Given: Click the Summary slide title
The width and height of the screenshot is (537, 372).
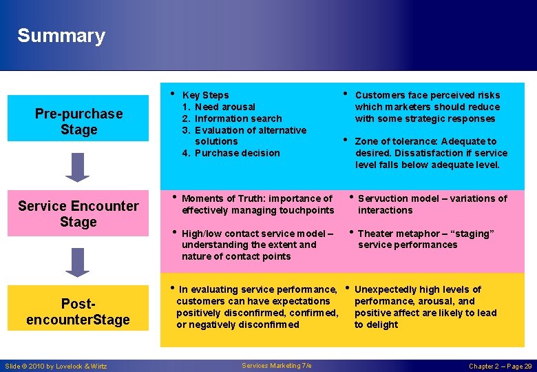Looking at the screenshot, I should (61, 36).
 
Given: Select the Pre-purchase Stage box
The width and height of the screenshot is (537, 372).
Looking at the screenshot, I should (78, 122).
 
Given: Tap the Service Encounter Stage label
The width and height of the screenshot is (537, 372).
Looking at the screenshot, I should (78, 214).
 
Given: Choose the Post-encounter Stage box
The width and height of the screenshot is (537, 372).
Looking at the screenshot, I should (78, 311).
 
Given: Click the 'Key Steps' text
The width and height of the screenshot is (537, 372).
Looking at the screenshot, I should (205, 95).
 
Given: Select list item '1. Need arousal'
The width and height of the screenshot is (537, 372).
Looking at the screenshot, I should (218, 107).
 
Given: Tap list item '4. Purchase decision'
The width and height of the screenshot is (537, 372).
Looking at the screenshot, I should (231, 153).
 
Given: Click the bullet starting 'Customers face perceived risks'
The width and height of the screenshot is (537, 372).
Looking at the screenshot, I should (427, 107).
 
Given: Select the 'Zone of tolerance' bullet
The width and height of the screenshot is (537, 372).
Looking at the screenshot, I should (431, 153).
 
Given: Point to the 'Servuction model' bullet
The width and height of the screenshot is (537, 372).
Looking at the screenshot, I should (432, 204).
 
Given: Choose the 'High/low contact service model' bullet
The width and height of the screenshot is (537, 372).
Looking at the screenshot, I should (257, 245).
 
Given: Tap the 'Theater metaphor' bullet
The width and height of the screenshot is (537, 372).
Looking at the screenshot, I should (425, 239).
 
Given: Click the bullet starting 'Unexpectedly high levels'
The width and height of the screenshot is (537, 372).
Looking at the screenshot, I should (425, 307).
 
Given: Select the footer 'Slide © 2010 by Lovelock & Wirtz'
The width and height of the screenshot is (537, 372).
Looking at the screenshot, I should (56, 366).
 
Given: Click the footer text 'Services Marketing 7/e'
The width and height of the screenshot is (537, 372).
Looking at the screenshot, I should (277, 366).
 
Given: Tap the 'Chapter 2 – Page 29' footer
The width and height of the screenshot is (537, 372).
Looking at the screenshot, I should (500, 366).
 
